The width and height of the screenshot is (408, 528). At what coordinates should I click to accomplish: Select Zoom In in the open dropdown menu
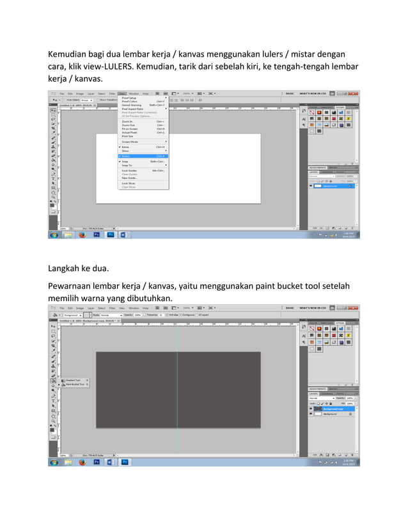pos(128,121)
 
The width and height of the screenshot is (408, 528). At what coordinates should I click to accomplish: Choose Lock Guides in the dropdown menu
pos(130,171)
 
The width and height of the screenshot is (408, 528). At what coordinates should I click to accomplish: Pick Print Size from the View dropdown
pos(128,136)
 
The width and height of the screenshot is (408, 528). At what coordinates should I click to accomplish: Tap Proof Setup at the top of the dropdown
pos(129,98)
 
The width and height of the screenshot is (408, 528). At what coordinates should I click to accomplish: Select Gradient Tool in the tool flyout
pos(73,380)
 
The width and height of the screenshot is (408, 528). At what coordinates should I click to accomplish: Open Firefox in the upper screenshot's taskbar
pos(82,235)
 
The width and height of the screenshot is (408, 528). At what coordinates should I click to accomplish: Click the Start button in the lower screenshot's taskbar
pos(54,462)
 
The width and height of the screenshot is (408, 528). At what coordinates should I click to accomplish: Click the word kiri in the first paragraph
pos(269,67)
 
